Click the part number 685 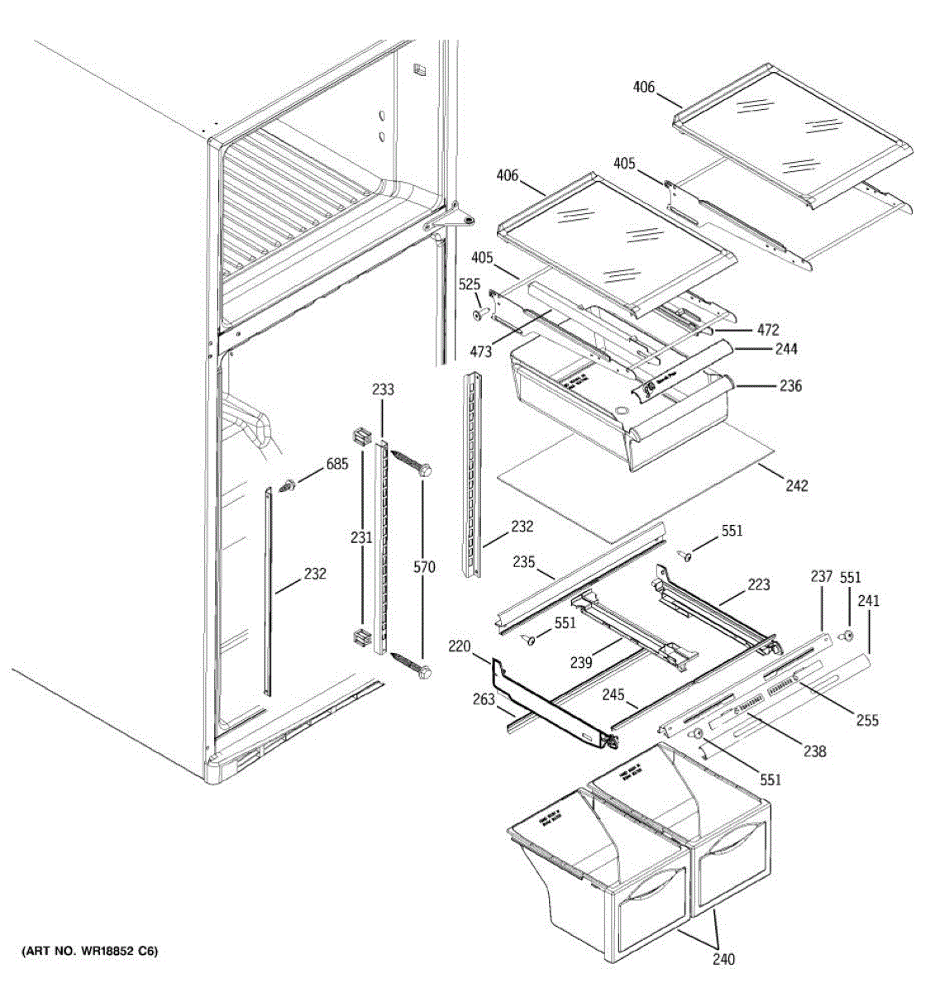point(336,464)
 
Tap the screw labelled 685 point(289,485)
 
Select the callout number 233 point(383,389)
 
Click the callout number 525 point(470,284)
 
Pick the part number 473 point(480,352)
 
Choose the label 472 point(767,331)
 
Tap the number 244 point(785,349)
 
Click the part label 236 point(790,385)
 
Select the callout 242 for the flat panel point(796,485)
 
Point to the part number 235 point(523,562)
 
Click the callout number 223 point(758,584)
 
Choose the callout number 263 point(484,699)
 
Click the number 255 point(867,720)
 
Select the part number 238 point(814,751)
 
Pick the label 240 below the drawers point(723,959)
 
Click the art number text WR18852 point(105,951)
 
